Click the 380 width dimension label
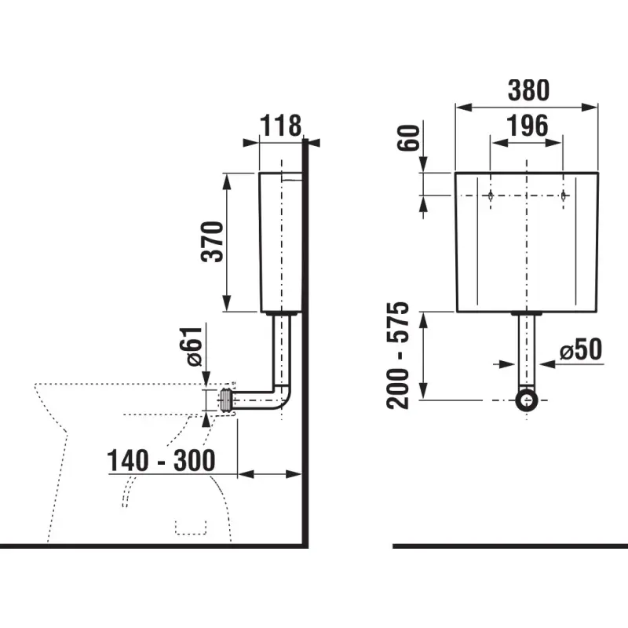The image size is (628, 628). point(528,90)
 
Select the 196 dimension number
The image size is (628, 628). point(527,126)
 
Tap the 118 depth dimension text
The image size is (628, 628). point(281,126)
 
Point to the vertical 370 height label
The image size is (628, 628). point(212,242)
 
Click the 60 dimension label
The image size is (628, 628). point(408,138)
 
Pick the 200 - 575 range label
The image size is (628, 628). point(398,356)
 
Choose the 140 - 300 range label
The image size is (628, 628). point(162,461)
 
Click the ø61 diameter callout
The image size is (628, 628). point(195,346)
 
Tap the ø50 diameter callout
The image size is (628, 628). point(581,349)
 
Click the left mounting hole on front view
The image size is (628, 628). point(491,195)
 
